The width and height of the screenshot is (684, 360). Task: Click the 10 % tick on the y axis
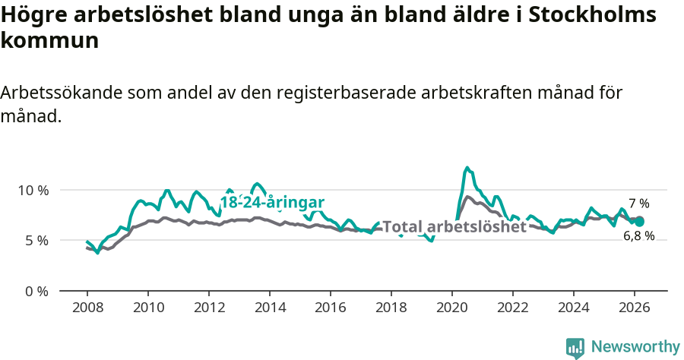click(33, 190)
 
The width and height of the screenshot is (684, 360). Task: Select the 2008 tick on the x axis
click(87, 308)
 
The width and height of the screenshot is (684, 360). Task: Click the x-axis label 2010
click(148, 308)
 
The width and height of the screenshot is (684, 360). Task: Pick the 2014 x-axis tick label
click(270, 308)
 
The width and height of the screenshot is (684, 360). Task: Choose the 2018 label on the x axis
click(391, 308)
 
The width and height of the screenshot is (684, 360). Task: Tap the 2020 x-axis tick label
click(452, 308)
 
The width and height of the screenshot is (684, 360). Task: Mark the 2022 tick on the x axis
click(513, 308)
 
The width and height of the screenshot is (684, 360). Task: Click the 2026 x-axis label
click(635, 308)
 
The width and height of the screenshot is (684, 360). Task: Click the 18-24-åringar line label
click(272, 202)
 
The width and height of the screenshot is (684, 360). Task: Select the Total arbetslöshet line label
click(454, 226)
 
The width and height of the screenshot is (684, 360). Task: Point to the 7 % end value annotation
click(639, 204)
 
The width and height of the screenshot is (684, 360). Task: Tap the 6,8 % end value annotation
click(638, 236)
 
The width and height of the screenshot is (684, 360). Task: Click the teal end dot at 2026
click(639, 221)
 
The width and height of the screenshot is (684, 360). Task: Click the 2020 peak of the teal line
click(467, 168)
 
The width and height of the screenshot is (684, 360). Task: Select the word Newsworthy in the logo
click(635, 347)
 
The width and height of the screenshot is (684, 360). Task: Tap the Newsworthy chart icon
click(575, 348)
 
